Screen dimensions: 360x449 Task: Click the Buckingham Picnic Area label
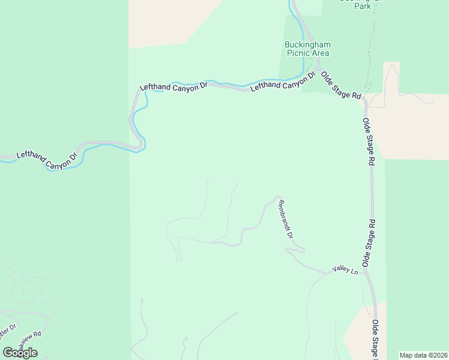tap(307, 49)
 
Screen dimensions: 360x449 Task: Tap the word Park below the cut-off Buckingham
tap(361, 7)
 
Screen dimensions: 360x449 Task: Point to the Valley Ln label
tap(345, 271)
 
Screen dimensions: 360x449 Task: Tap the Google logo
tap(19, 353)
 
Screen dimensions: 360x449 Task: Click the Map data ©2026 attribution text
tap(423, 355)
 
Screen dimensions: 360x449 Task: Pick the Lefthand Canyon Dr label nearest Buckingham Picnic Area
tap(283, 82)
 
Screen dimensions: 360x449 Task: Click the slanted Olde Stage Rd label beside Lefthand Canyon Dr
tap(340, 86)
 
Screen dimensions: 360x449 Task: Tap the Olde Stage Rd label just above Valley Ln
tap(369, 243)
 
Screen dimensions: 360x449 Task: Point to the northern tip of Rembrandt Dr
tap(277, 197)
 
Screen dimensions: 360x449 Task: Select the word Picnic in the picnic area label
tap(298, 53)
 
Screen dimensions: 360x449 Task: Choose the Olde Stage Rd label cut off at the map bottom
tap(376, 338)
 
